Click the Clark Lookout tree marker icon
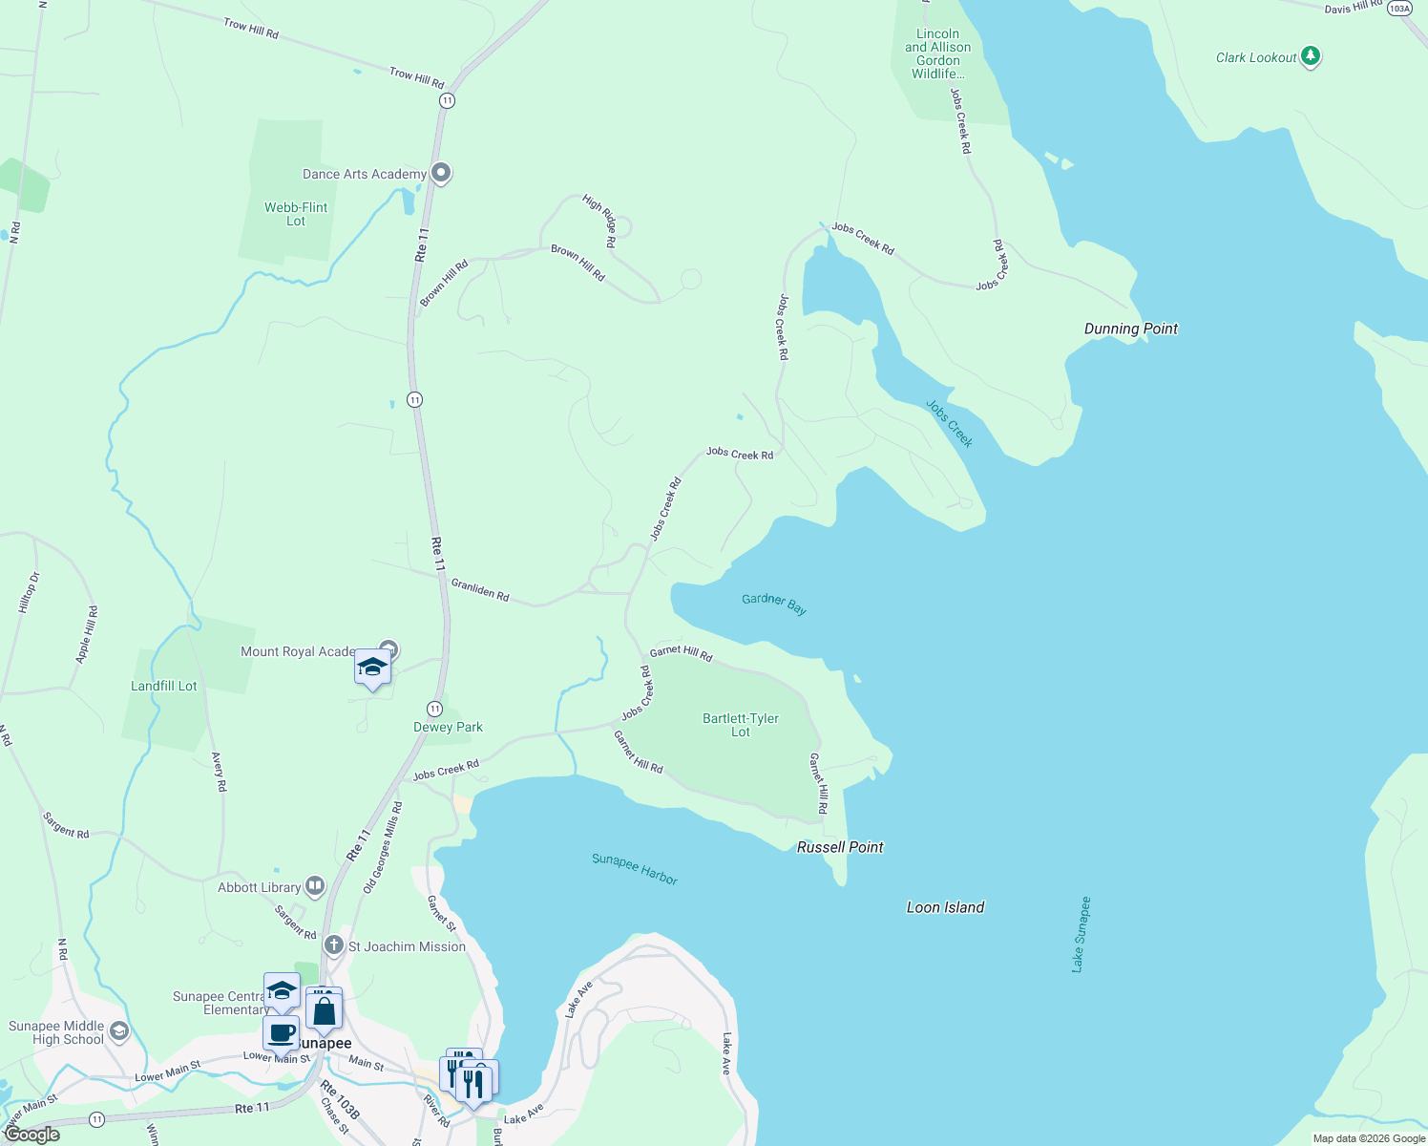click(1311, 56)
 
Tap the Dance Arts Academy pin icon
click(441, 173)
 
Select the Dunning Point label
click(1130, 329)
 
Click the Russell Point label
click(840, 847)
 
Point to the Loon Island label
click(945, 907)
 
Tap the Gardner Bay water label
click(774, 603)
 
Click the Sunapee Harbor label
click(635, 869)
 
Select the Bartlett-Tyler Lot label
click(741, 725)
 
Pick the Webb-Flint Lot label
click(296, 214)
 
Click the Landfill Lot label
click(164, 686)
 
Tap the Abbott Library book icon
click(315, 886)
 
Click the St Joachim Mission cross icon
click(333, 945)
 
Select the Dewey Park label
click(448, 727)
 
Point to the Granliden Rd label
click(480, 590)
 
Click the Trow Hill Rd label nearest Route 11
click(417, 77)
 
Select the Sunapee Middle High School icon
click(119, 1030)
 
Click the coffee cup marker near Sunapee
click(282, 1032)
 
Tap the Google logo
click(32, 1135)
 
